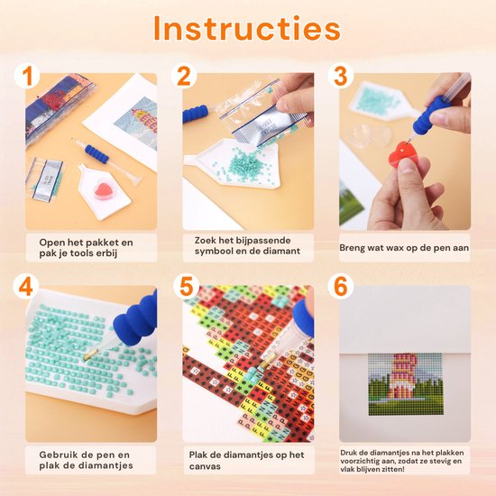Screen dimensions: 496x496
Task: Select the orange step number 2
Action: pyautogui.click(x=186, y=77)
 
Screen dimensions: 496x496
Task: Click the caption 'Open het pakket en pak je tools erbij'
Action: pyautogui.click(x=86, y=247)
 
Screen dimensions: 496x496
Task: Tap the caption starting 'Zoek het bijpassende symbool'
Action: pyautogui.click(x=241, y=247)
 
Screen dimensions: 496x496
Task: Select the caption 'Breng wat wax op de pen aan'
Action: pyautogui.click(x=405, y=246)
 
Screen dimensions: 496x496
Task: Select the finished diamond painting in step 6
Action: pyautogui.click(x=405, y=383)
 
